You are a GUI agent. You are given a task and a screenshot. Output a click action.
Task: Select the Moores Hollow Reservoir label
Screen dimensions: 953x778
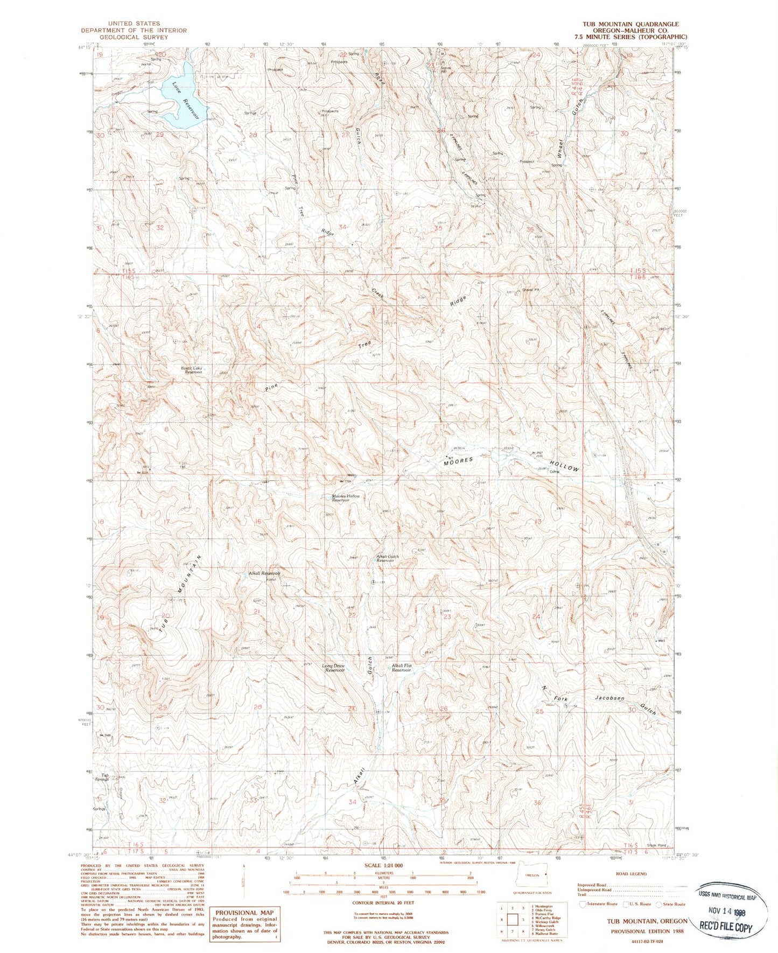(345, 497)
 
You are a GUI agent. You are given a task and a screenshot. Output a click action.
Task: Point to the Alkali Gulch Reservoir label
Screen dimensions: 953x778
(386, 559)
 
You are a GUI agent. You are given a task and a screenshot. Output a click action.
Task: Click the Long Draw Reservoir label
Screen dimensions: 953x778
(333, 669)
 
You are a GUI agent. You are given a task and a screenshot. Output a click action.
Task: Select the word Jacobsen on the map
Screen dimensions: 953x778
(610, 698)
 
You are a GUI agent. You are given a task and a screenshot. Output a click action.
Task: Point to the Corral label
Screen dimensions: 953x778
(555, 472)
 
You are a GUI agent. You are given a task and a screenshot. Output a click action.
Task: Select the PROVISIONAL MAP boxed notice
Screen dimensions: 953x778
(245, 924)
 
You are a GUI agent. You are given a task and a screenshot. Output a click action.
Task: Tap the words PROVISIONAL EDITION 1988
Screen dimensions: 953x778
(643, 931)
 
